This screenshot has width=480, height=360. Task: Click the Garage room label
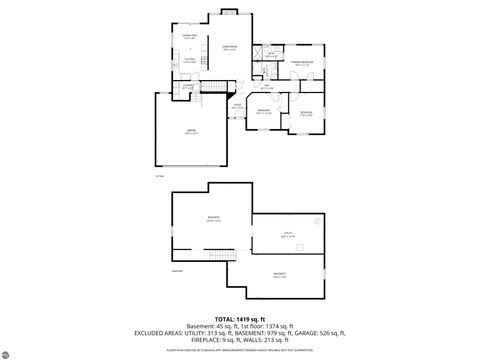[x=190, y=131]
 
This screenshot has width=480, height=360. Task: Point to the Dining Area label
[x=188, y=37]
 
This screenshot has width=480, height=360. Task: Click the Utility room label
[x=287, y=235]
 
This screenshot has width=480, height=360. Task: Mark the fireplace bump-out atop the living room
[x=228, y=13]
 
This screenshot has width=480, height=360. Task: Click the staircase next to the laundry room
[x=211, y=89]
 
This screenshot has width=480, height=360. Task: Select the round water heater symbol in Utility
[x=317, y=220]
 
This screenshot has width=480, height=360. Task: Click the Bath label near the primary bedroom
[x=271, y=55]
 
